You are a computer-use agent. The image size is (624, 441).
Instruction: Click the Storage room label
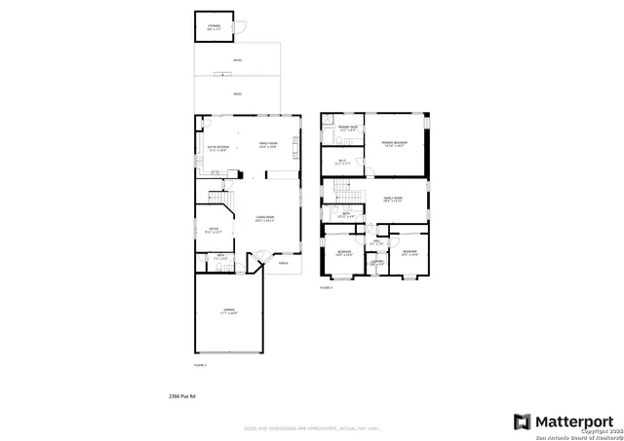214,27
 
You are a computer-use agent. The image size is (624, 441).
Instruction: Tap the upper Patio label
237,61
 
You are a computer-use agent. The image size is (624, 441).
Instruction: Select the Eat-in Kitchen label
216,149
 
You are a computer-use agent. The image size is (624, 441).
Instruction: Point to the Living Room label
264,219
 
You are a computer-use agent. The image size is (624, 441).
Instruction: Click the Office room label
214,231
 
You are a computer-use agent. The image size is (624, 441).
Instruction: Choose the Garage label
228,312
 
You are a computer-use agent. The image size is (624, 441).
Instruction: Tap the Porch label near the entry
284,263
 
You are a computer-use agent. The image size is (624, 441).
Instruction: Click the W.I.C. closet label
342,163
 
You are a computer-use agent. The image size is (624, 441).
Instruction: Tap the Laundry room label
376,262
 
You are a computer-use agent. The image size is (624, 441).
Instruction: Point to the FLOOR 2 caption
327,287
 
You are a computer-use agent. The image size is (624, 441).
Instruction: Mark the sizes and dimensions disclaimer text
311,426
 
